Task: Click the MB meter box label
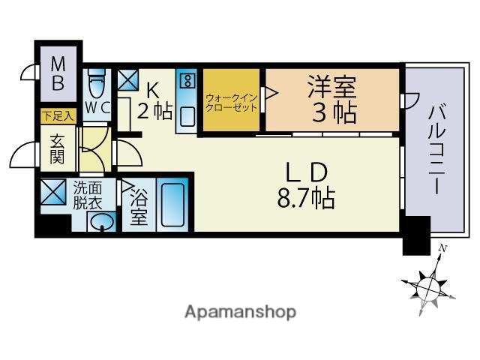point(57,73)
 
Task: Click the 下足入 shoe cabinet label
point(57,116)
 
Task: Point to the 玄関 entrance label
point(58,148)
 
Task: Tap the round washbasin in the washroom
point(101,221)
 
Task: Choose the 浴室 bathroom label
point(137,208)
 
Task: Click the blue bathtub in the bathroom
point(172,204)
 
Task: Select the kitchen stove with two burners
point(187,79)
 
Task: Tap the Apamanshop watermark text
point(240,311)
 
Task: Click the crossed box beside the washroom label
point(54,193)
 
